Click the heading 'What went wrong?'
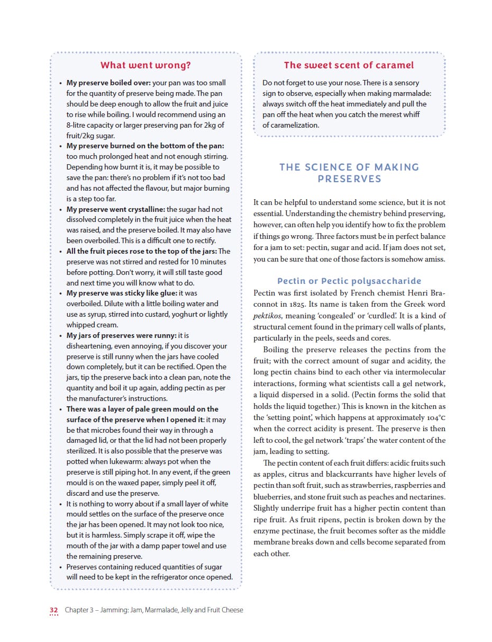tap(145, 65)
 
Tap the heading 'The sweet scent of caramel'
tap(349, 65)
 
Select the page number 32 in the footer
tap(53, 610)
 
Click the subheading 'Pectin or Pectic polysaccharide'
tap(349, 281)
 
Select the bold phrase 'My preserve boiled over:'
tap(108, 83)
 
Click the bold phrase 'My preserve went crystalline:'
tap(115, 209)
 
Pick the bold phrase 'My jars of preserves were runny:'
tap(121, 335)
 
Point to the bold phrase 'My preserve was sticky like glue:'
tap(122, 293)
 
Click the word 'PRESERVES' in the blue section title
tap(349, 179)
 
